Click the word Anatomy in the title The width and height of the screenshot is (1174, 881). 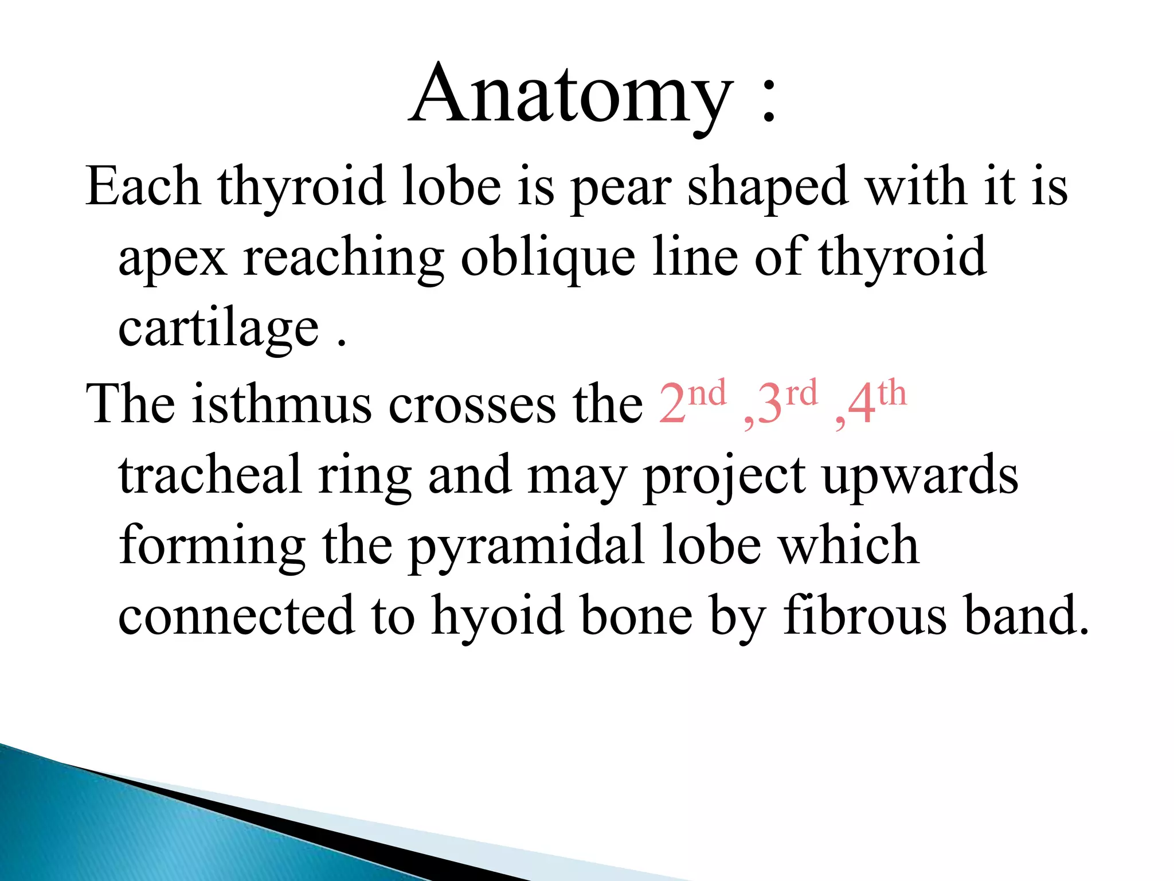[x=571, y=95]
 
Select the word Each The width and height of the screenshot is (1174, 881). [x=143, y=186]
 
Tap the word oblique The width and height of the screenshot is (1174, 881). [x=547, y=258]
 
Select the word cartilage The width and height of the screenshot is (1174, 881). [x=218, y=330]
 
